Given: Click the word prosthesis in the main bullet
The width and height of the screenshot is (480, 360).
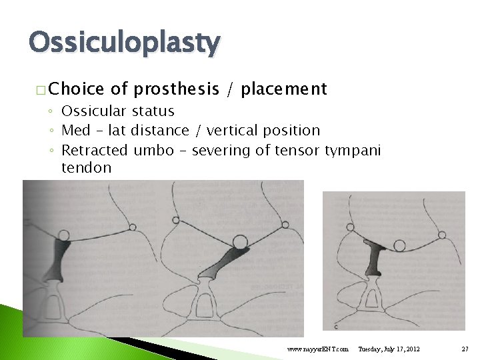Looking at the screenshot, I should (176, 89).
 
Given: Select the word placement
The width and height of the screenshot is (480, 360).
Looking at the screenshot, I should (284, 89).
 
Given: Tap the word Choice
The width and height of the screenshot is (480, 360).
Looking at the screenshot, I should (76, 89).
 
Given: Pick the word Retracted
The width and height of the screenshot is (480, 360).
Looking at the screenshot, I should (95, 150).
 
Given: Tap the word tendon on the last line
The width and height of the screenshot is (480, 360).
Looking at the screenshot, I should (86, 167).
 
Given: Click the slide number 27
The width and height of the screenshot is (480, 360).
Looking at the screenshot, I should (464, 349).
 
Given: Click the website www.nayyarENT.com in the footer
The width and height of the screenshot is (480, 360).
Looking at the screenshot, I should (317, 349).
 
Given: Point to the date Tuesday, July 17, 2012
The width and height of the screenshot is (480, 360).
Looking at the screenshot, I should (389, 349).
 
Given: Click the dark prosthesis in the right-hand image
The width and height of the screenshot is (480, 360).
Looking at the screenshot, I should (375, 258).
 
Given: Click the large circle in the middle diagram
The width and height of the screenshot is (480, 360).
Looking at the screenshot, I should (240, 240).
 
